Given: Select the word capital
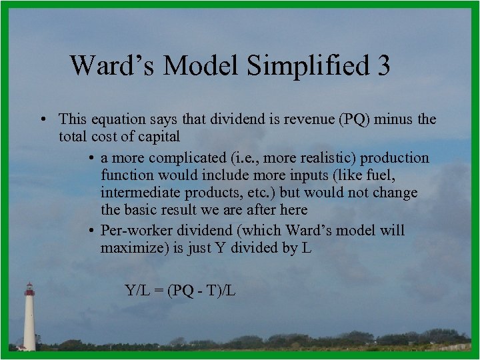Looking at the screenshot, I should [156, 137].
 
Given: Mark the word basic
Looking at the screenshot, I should [142, 210].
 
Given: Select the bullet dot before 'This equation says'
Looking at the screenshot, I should [42, 119].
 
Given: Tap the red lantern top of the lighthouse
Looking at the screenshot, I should [29, 289].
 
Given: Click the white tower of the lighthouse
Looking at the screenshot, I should [29, 323].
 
